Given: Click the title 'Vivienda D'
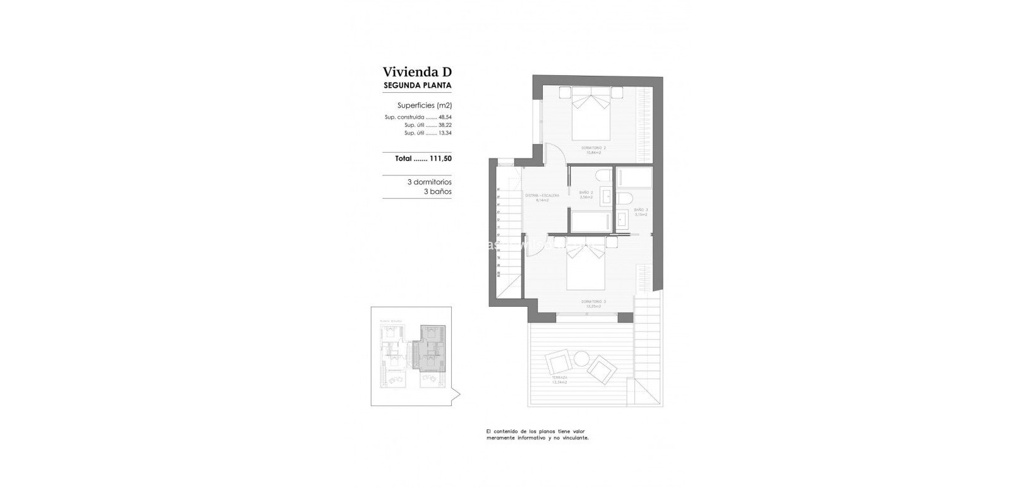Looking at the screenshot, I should click(417, 72).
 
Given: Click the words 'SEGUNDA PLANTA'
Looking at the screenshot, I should click(417, 85).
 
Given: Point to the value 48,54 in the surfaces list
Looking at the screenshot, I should click(445, 117).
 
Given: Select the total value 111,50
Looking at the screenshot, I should click(440, 159).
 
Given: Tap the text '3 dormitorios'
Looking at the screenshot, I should click(429, 182).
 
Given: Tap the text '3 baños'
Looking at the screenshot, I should click(437, 191).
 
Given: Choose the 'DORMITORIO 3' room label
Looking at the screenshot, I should click(593, 302).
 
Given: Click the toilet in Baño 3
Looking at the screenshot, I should click(624, 199).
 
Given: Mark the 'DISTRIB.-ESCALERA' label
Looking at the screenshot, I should click(543, 196).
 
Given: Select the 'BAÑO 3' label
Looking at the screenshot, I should click(641, 210).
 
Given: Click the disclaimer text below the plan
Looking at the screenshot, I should click(537, 434).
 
